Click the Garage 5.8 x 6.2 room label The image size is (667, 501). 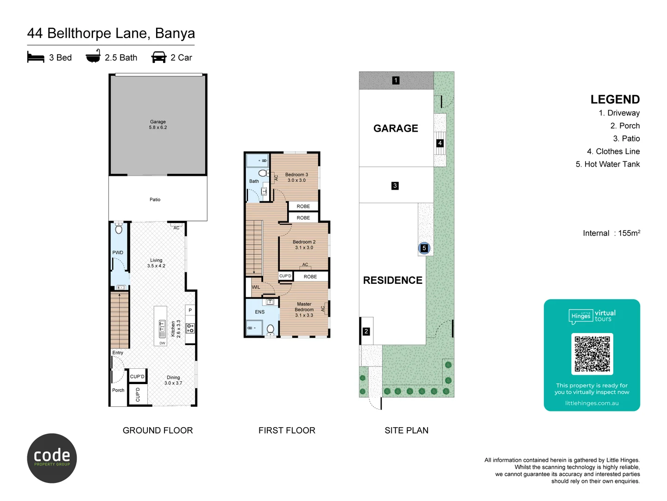(x=158, y=124)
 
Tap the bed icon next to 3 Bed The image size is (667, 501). (x=36, y=58)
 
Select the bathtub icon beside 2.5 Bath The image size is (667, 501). (x=93, y=57)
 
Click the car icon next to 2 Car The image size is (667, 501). (x=159, y=57)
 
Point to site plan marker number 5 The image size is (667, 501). (x=424, y=248)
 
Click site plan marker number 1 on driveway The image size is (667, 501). (x=396, y=80)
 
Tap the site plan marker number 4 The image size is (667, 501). (x=440, y=143)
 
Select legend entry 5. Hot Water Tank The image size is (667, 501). (x=607, y=164)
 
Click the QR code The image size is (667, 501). (x=592, y=354)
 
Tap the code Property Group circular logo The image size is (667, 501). (x=52, y=458)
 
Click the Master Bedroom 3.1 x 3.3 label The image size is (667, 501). (x=304, y=309)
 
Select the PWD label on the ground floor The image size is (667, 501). (x=118, y=253)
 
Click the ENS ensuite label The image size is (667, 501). (x=260, y=312)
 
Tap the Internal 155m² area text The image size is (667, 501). (x=611, y=233)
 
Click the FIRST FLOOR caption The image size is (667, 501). (x=287, y=430)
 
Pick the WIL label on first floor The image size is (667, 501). (x=256, y=287)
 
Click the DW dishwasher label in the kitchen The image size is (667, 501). (x=162, y=343)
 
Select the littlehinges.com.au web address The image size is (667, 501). (x=591, y=403)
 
